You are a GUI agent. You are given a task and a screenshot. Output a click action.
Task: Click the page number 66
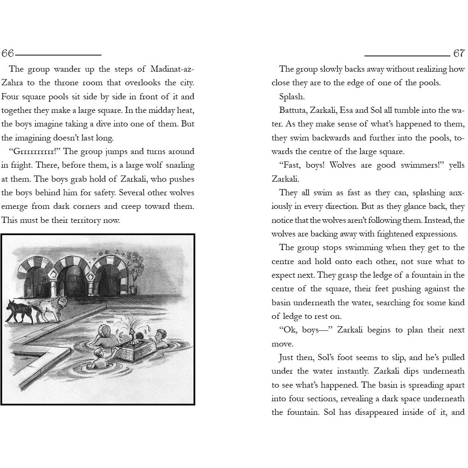pyautogui.click(x=7, y=54)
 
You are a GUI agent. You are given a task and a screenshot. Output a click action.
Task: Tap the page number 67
pyautogui.click(x=459, y=54)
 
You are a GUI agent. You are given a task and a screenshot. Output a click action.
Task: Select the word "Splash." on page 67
pyautogui.click(x=292, y=96)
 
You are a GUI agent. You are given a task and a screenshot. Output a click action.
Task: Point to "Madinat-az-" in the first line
pyautogui.click(x=172, y=69)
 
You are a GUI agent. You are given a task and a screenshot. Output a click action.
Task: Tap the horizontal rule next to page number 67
pyautogui.click(x=407, y=55)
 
